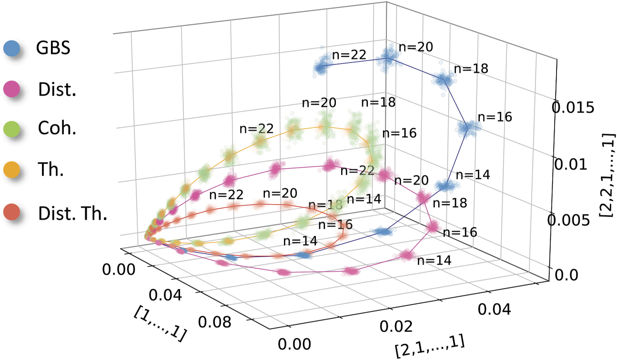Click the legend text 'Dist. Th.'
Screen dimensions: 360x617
[x=72, y=212]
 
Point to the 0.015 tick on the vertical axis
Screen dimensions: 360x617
[x=573, y=108]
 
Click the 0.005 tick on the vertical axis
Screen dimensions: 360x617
[x=573, y=220]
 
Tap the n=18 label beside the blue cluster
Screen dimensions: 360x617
[x=471, y=68]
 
